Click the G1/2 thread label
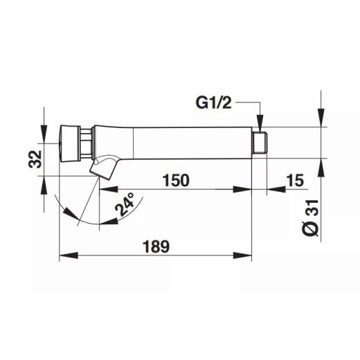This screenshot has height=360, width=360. (213, 103)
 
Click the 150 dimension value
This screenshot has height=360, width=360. (176, 180)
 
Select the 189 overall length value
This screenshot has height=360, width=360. (156, 246)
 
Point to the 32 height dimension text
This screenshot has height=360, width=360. (35, 159)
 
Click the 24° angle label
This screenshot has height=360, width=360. (125, 204)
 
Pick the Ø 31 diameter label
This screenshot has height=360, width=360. (310, 218)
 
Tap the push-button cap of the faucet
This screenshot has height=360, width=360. (70, 143)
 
